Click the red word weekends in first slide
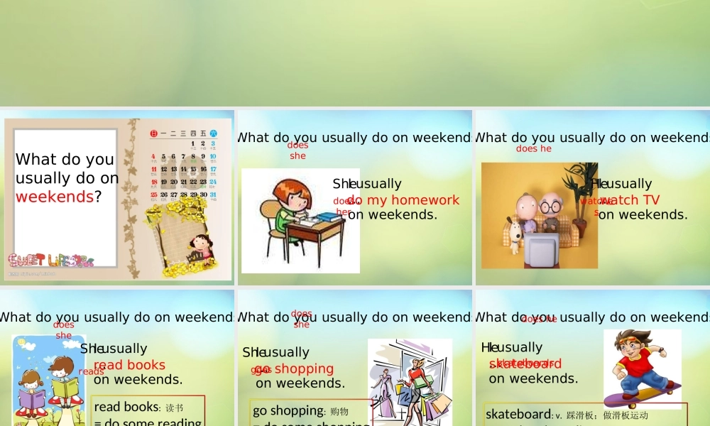(x=54, y=197)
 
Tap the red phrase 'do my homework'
(x=403, y=200)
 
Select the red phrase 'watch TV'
(x=630, y=200)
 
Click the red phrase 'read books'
(x=129, y=365)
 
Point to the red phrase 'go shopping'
(x=294, y=368)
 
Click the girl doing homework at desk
(x=291, y=213)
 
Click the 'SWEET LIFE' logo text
(x=50, y=260)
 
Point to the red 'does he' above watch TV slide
(x=534, y=149)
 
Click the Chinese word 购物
(x=339, y=411)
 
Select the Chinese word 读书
(x=174, y=408)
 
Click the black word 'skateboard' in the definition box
(x=518, y=414)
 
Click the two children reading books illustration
(x=48, y=383)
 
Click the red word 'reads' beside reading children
(x=91, y=371)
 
